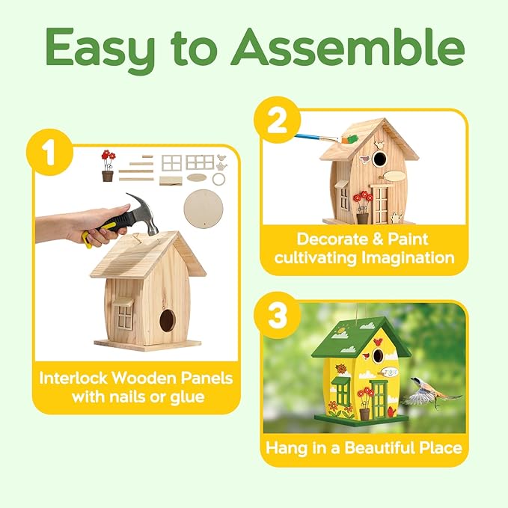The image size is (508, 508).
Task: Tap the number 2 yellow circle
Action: [x=278, y=122]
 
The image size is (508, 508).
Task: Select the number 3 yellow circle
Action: [x=278, y=317]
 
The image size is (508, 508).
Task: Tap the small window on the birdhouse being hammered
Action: [x=123, y=315]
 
